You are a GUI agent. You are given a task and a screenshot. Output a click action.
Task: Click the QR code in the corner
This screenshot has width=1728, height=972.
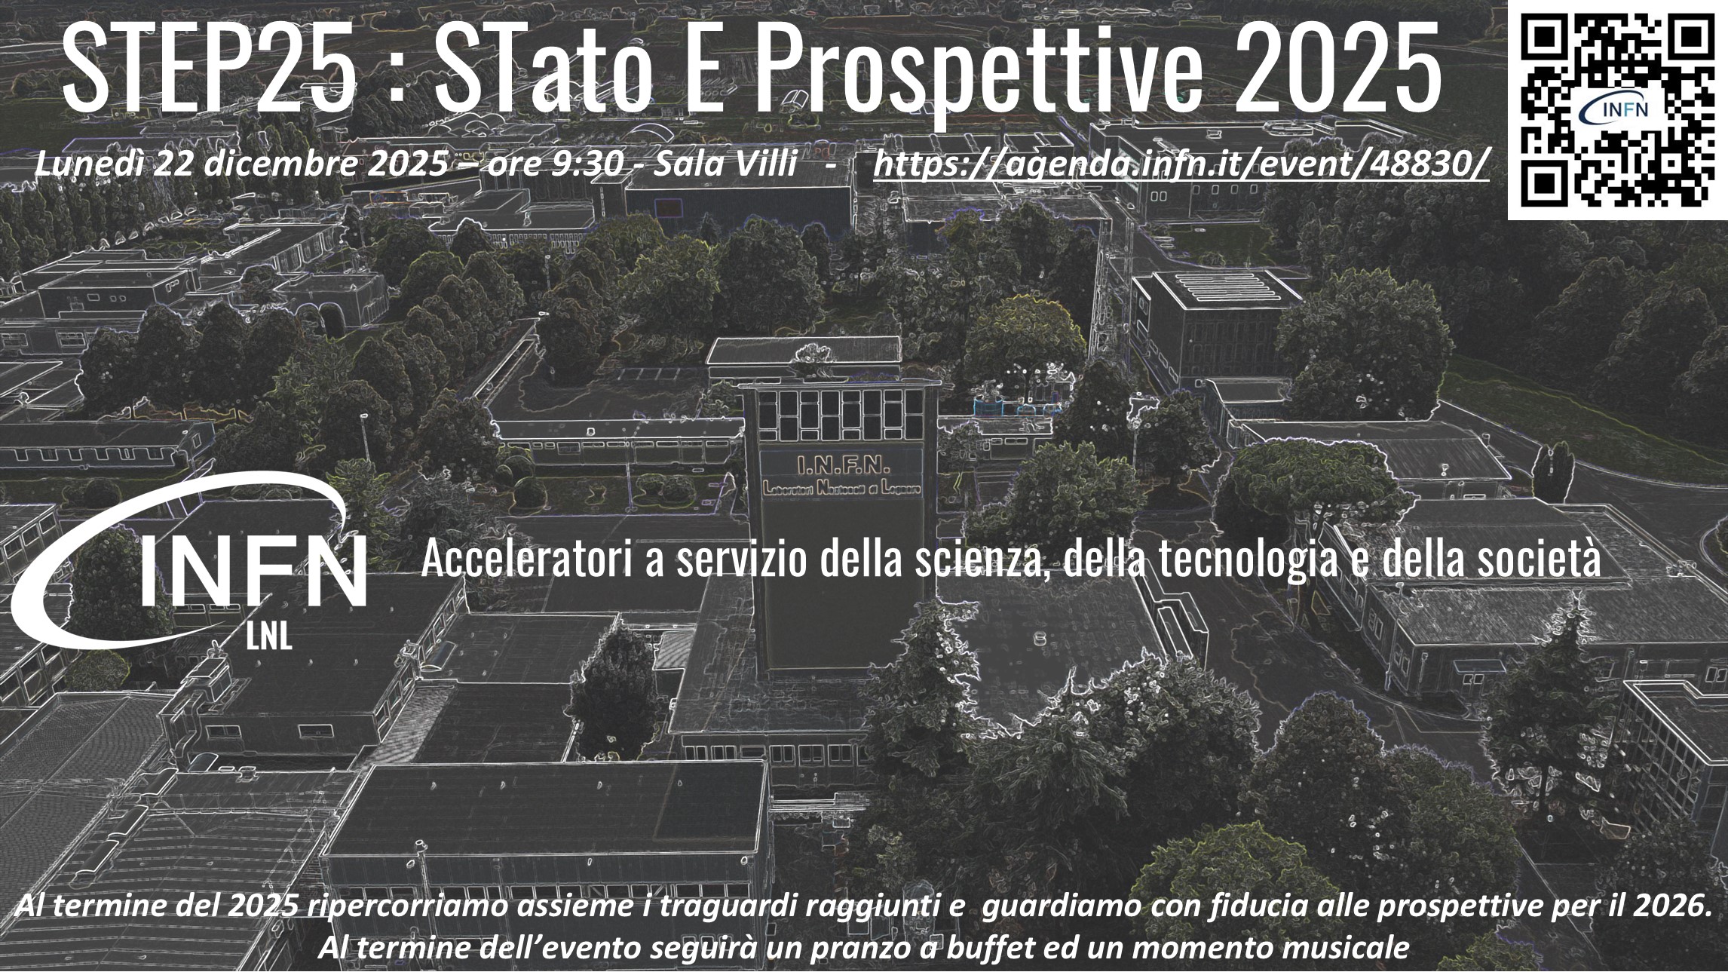(1618, 110)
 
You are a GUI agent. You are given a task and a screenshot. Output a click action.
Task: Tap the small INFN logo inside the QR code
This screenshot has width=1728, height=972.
(1616, 110)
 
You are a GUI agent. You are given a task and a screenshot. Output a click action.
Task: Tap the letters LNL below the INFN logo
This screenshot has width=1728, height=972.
(268, 638)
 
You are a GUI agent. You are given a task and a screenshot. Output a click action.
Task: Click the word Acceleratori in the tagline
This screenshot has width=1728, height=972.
(526, 560)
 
